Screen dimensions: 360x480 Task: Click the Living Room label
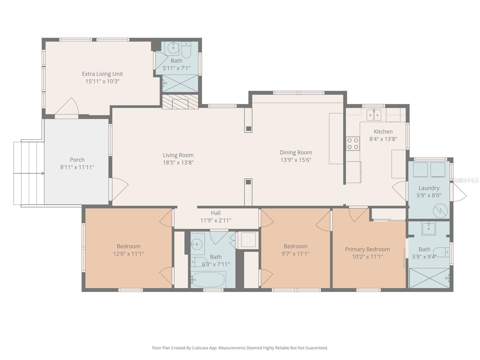178,155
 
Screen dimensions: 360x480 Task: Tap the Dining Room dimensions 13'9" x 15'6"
296,160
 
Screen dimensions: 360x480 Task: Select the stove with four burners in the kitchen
353,143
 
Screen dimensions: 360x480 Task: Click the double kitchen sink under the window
374,115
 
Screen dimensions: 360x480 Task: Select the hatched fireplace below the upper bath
180,102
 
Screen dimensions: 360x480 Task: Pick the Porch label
77,160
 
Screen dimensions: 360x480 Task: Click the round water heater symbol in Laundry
440,211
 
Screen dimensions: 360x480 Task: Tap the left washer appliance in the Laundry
420,170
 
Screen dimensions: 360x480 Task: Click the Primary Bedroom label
367,249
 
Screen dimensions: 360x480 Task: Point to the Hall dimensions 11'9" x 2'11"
216,220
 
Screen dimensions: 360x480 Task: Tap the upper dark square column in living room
248,129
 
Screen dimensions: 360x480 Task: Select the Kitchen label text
383,132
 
